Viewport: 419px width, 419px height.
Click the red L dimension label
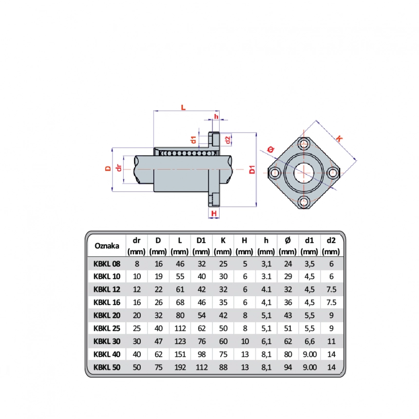pos(183,107)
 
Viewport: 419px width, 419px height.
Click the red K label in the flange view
pos(339,139)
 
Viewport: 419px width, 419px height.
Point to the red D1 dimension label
pos(252,170)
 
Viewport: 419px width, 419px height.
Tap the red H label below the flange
pos(214,213)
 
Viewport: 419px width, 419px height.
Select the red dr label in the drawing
pos(119,168)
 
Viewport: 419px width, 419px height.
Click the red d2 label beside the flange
pos(228,140)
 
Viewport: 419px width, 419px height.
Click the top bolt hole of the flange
pos(303,144)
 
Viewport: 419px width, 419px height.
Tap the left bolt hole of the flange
pos(274,173)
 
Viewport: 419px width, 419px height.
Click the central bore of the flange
pos(304,173)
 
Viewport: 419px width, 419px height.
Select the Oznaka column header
pos(107,246)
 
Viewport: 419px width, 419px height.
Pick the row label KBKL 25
pos(107,328)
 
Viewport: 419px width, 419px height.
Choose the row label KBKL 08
pos(107,264)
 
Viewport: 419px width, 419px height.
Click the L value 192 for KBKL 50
pos(180,367)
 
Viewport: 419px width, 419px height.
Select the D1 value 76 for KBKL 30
pos(202,341)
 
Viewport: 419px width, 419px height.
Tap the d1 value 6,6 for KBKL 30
pos(309,341)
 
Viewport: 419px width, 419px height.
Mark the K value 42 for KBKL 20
pos(223,315)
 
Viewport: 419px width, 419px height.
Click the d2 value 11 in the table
pos(331,341)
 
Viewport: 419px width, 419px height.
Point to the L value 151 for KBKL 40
pos(180,354)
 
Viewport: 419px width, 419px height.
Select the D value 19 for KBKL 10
pos(158,276)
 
